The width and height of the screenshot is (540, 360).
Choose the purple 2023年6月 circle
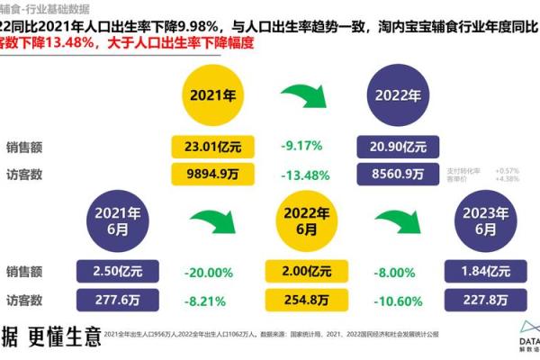click(486, 222)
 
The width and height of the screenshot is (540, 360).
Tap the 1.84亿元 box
click(486, 270)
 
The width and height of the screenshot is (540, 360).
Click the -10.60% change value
click(396, 299)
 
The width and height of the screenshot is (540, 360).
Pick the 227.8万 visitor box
click(486, 299)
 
